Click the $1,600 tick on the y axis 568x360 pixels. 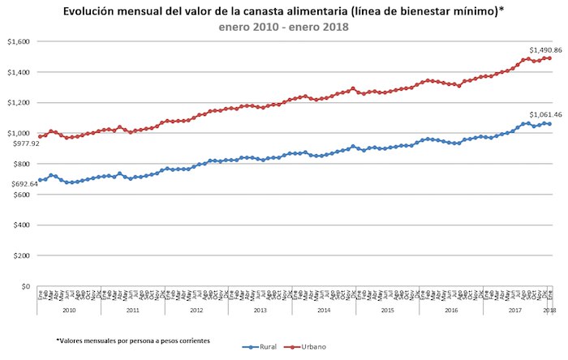coord(19,41)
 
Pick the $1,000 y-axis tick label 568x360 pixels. coord(19,133)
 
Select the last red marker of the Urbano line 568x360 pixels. coord(550,58)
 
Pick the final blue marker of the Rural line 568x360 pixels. coord(550,123)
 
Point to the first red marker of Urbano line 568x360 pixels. coord(40,136)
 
